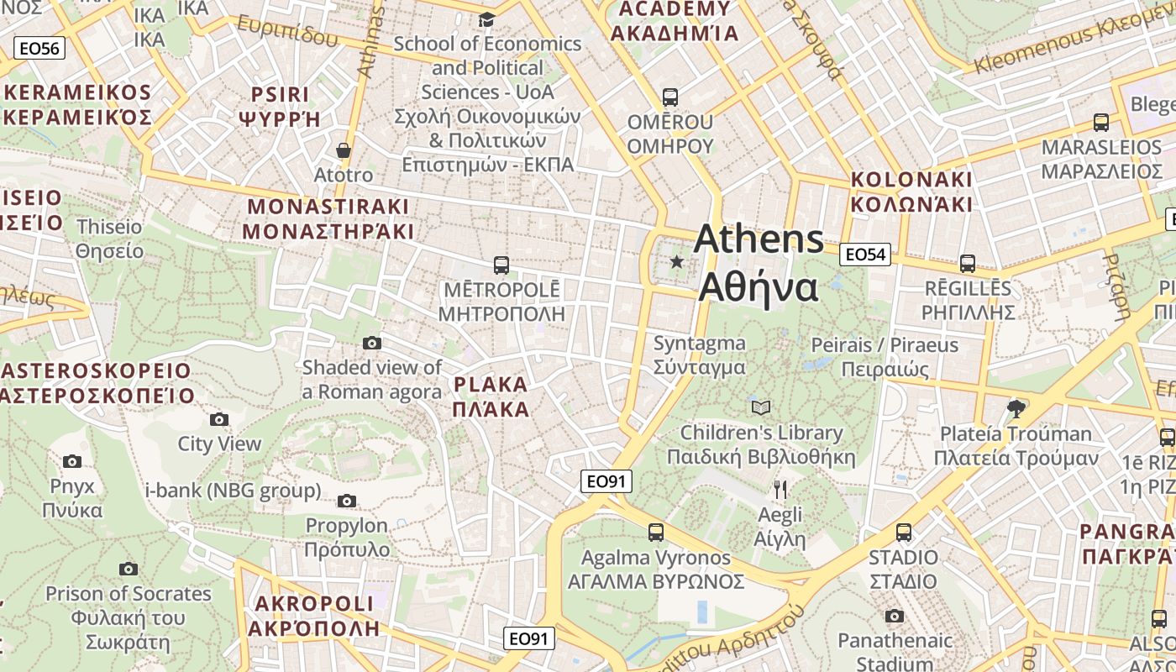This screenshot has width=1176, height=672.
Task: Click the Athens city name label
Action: [x=759, y=263]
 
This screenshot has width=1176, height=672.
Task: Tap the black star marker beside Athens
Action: [x=677, y=262]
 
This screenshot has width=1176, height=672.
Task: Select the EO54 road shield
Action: [x=865, y=255]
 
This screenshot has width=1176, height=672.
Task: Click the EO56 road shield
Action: [x=39, y=48]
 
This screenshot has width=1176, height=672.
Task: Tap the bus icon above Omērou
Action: [x=669, y=97]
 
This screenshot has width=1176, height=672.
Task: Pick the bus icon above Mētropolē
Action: [x=501, y=265]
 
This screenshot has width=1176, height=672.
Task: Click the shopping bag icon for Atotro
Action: [x=343, y=151]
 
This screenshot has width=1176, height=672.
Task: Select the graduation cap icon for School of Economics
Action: [x=486, y=19]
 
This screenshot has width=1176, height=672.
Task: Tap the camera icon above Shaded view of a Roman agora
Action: [x=372, y=343]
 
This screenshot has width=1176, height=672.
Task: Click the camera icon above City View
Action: [x=219, y=419]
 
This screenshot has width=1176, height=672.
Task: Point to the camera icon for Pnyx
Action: [x=72, y=461]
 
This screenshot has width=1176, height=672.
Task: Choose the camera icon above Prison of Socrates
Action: [x=129, y=569]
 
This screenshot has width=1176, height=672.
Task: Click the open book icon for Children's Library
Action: [x=761, y=408]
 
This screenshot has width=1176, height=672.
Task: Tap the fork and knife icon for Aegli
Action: [x=780, y=490]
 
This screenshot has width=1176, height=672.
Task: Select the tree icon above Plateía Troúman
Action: [x=1016, y=409]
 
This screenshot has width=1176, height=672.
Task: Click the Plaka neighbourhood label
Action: [x=491, y=397]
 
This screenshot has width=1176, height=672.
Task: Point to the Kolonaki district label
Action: [x=911, y=192]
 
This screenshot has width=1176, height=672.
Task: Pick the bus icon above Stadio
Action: [x=904, y=533]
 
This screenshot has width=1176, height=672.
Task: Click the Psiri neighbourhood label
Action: [x=281, y=106]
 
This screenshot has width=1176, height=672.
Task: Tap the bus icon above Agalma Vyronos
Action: [x=656, y=533]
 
